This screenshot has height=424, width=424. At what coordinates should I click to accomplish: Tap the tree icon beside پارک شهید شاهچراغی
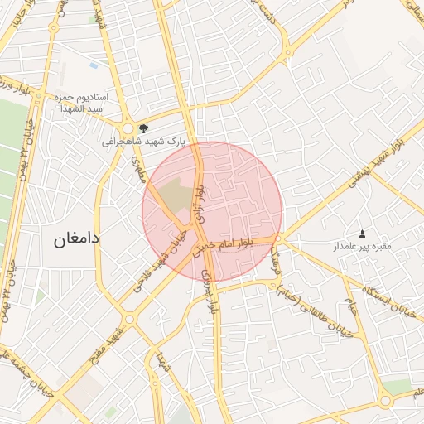click(x=144, y=128)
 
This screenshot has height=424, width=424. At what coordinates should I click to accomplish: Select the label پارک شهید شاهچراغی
click(x=142, y=142)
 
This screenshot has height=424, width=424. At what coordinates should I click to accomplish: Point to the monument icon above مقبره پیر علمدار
click(x=361, y=234)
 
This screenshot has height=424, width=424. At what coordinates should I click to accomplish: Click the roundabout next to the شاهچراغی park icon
click(x=127, y=129)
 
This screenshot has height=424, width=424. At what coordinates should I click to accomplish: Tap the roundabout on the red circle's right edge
click(x=279, y=239)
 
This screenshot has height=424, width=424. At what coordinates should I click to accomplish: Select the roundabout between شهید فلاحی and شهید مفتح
click(x=129, y=318)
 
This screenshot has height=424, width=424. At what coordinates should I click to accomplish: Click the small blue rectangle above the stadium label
click(x=92, y=64)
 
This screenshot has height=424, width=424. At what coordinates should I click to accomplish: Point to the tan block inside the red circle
click(x=175, y=194)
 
